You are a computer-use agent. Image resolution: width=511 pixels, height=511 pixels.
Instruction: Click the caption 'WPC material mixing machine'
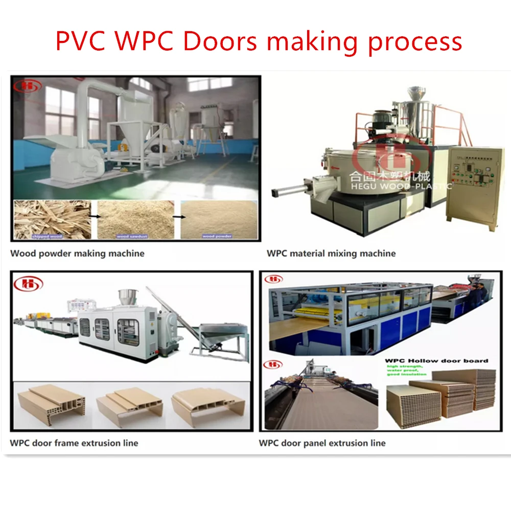click(x=331, y=253)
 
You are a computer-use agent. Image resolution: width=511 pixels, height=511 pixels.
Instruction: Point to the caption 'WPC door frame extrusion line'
click(x=74, y=443)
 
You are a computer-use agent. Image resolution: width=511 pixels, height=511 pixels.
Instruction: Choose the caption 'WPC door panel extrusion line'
click(x=322, y=443)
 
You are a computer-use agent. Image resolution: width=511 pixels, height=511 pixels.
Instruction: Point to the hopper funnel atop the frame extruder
click(x=126, y=296)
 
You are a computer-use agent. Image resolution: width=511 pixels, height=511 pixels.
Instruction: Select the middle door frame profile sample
click(x=130, y=406)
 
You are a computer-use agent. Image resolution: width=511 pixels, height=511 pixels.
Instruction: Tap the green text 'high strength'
click(x=404, y=367)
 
